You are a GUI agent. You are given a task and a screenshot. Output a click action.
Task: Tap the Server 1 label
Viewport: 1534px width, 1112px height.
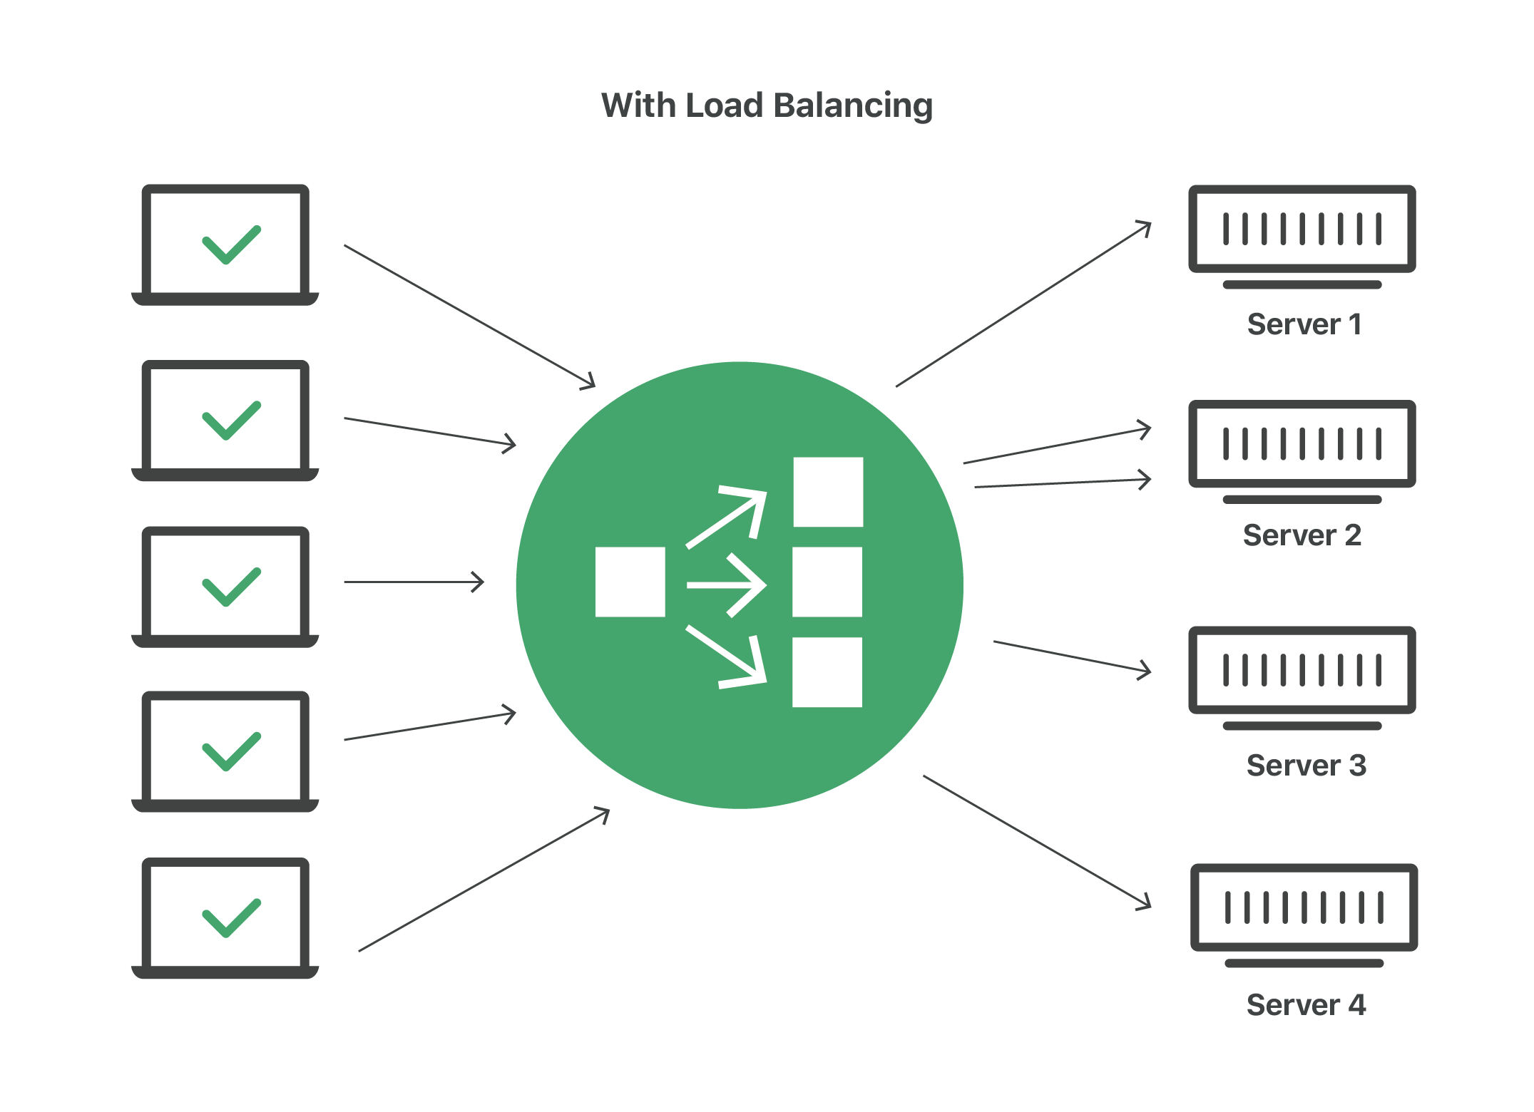[1304, 324]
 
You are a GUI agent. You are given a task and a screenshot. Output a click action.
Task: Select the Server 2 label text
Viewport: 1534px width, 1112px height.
[1302, 535]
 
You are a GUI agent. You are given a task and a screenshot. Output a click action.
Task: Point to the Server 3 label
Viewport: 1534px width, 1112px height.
[1306, 766]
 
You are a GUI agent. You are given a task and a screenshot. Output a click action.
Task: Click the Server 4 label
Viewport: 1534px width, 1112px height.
[1306, 1005]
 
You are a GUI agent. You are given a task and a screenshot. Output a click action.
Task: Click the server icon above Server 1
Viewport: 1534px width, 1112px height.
[1302, 229]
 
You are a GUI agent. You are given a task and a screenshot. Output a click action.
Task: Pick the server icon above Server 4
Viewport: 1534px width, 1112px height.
[1304, 907]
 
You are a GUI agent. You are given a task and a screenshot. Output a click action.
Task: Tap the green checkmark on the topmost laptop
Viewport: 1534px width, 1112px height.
[231, 244]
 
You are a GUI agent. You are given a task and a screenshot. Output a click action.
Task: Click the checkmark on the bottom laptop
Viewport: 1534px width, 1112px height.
[231, 917]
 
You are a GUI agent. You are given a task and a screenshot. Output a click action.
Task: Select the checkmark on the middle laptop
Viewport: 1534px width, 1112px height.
[231, 587]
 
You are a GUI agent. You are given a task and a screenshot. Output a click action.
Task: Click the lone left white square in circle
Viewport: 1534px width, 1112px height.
[630, 582]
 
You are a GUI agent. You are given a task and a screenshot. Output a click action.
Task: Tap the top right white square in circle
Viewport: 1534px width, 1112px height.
[828, 492]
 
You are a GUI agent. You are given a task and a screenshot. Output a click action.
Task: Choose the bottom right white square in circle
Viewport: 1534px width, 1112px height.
[827, 671]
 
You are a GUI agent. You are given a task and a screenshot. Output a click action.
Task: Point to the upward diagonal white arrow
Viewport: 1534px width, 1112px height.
[726, 516]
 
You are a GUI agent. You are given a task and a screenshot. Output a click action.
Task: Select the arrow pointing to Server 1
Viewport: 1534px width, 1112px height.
[1023, 304]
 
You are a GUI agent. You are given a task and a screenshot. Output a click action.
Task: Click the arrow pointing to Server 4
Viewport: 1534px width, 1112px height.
[1037, 842]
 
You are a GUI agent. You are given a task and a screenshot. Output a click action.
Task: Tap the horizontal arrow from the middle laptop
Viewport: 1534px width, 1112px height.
[414, 582]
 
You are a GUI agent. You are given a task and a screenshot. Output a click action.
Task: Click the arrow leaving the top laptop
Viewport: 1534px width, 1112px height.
[469, 316]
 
